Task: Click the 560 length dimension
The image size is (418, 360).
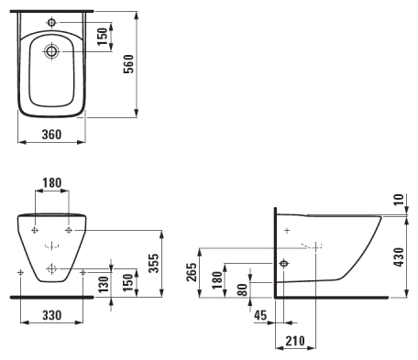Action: pos(128,63)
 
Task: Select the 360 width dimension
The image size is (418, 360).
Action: pos(51,134)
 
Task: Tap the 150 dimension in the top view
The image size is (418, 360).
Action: pos(103,37)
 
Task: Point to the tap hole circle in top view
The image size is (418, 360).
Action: pos(51,22)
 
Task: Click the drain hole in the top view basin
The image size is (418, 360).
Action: pos(51,51)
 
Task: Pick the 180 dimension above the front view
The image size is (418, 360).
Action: pos(52,182)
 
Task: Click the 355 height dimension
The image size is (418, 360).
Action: pos(154,263)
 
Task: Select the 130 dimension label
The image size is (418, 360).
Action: pos(104,284)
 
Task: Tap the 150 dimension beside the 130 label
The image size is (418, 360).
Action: pos(128,282)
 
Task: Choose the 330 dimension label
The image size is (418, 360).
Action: pos(52,315)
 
